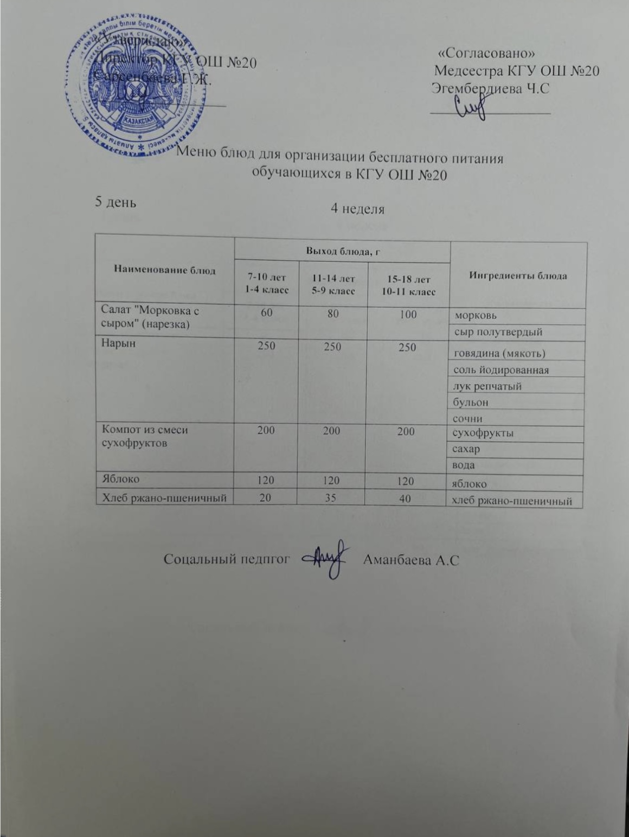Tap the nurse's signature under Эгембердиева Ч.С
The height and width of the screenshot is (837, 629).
(x=470, y=106)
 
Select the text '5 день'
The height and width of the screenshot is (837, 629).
(x=115, y=202)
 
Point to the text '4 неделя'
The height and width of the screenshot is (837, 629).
(x=357, y=209)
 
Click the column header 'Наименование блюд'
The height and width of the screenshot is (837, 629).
(x=164, y=270)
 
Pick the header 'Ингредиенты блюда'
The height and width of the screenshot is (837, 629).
(x=517, y=276)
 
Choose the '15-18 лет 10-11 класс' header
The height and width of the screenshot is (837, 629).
(x=408, y=285)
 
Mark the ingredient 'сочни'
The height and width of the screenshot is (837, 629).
(x=468, y=418)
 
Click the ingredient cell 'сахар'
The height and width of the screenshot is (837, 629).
(x=467, y=449)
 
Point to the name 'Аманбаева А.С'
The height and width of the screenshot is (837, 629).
(x=411, y=560)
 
